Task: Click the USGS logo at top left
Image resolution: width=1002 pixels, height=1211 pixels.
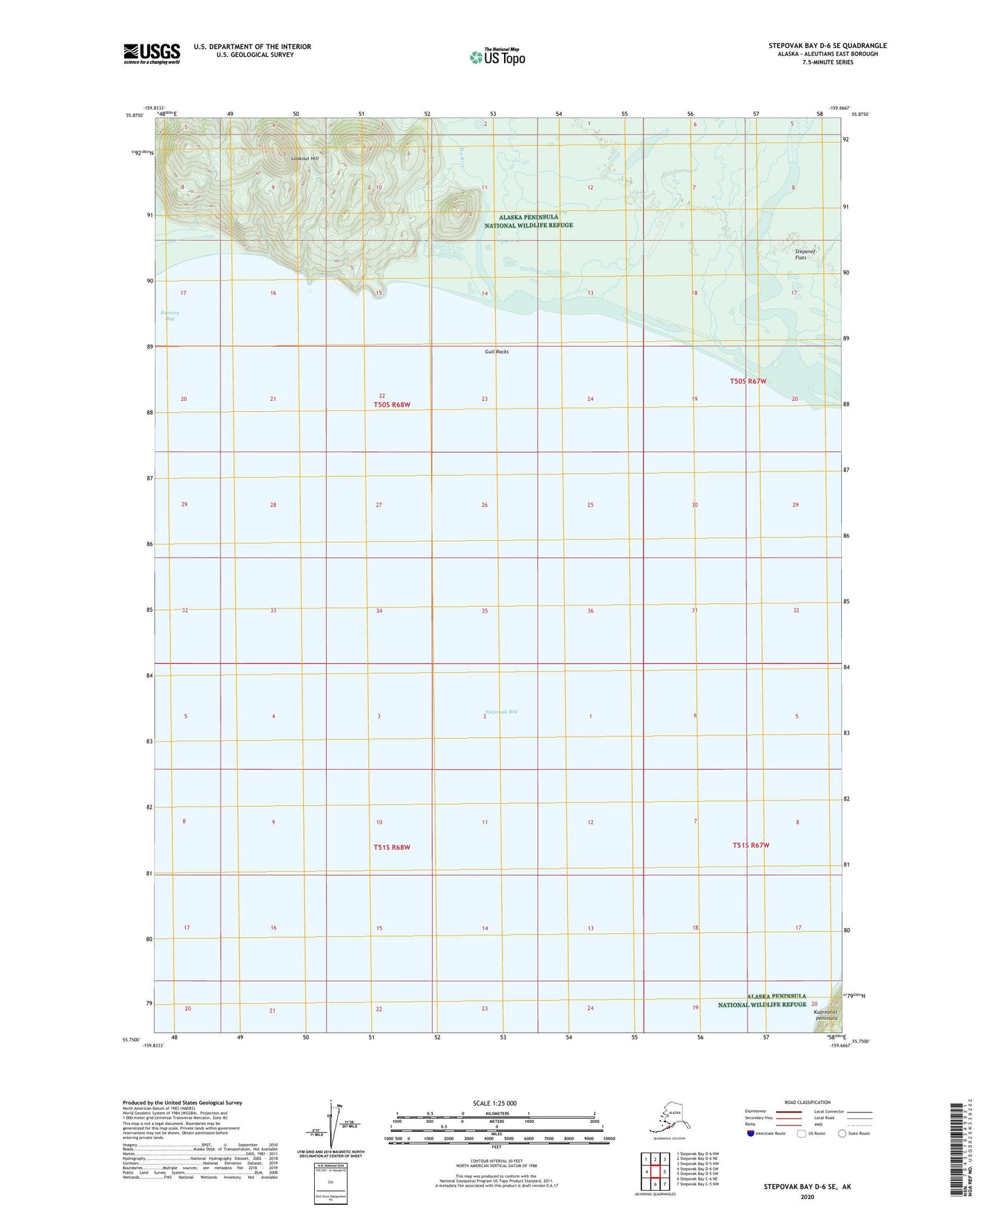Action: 151,53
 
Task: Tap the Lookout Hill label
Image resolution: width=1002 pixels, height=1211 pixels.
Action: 304,159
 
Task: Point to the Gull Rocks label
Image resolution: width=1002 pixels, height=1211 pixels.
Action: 496,352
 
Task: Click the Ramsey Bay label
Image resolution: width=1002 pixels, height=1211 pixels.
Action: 170,315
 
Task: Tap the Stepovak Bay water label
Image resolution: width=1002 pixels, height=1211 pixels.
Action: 501,712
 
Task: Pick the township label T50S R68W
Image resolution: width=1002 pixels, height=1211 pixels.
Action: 392,404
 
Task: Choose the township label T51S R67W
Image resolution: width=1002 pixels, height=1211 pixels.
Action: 751,845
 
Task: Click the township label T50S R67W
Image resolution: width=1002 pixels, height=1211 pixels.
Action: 748,381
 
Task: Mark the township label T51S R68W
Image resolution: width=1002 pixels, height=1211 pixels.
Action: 392,847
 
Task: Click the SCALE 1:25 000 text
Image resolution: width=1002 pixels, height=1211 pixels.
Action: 494,1103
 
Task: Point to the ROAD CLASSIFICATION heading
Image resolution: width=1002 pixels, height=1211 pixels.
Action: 807,1102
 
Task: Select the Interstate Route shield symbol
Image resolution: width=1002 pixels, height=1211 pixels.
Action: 752,1133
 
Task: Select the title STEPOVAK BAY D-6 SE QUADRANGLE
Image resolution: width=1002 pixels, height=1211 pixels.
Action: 827,46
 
